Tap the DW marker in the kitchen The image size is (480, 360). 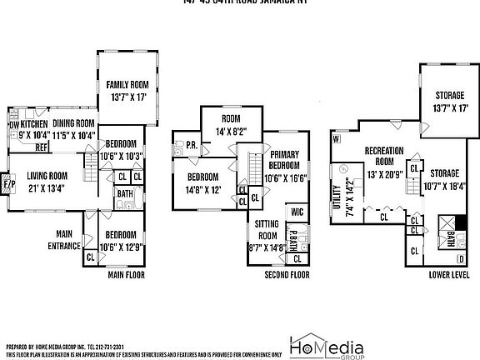coord(12,126)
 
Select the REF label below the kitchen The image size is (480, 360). coord(40,147)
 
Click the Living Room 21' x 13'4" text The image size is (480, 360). coord(47,181)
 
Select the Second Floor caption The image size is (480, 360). coord(286,274)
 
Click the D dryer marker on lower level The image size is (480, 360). coord(461,260)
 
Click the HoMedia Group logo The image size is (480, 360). coord(323,345)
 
